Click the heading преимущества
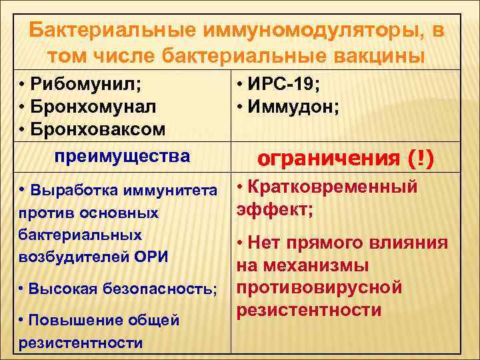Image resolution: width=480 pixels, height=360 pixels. (122, 157)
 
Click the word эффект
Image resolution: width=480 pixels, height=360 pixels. (269, 210)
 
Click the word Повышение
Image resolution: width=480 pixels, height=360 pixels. (75, 320)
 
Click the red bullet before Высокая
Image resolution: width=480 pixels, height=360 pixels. (22, 289)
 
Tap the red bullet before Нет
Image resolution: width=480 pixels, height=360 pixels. (243, 243)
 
